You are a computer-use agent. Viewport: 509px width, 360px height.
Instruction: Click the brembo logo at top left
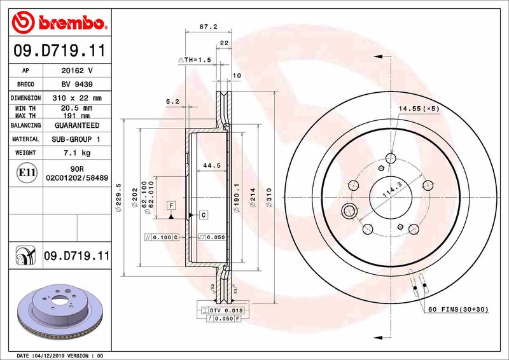(58, 24)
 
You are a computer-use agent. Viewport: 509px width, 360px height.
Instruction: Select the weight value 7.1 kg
(78, 153)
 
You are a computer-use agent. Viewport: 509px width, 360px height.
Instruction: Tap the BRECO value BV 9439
(78, 84)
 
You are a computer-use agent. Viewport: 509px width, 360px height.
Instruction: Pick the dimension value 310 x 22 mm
(78, 98)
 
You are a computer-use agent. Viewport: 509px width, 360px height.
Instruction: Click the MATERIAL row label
(27, 139)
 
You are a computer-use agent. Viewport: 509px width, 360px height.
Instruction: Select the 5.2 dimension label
(172, 101)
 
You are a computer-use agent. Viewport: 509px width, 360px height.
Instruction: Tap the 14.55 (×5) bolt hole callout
(419, 109)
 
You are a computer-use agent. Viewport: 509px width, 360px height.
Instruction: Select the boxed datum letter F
(171, 205)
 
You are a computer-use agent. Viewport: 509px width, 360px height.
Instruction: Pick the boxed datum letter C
(203, 214)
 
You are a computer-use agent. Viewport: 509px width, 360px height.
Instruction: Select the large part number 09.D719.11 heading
(58, 49)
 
